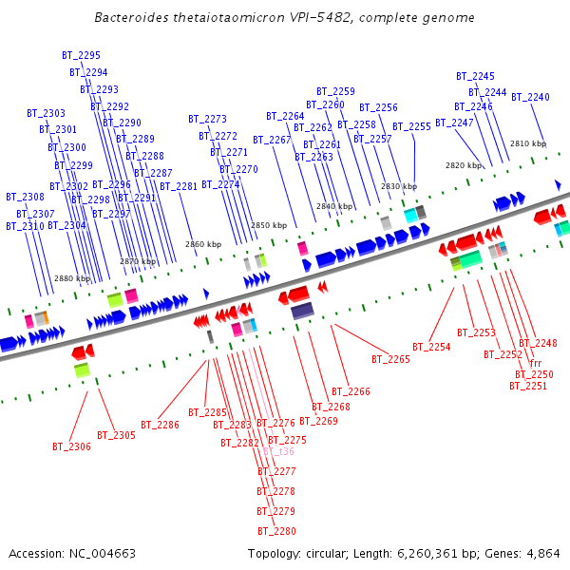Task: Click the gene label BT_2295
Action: (x=81, y=56)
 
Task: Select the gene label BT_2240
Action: (x=530, y=98)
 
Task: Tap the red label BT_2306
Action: (x=71, y=446)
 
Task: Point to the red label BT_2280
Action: (x=275, y=531)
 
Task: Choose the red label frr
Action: (x=536, y=364)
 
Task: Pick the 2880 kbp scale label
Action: (x=72, y=279)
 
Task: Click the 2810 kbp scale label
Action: (x=528, y=144)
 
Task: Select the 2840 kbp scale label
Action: (x=334, y=206)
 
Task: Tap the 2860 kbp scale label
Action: (x=203, y=244)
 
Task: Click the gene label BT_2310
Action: (x=25, y=226)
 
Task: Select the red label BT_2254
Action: (x=431, y=348)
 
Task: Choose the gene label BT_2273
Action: (x=207, y=120)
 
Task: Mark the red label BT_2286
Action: (x=160, y=425)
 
